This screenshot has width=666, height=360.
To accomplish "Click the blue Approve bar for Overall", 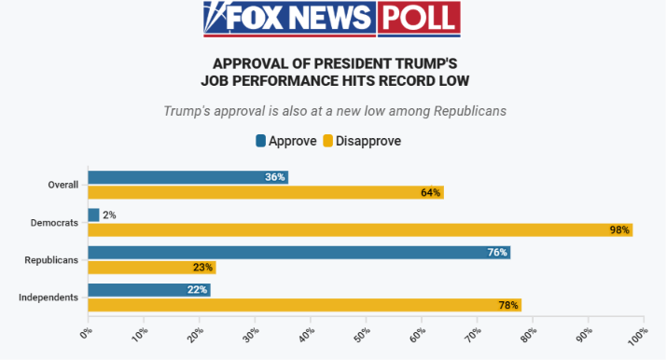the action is click(x=188, y=177).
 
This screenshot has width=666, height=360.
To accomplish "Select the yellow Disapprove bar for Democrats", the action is click(x=361, y=230).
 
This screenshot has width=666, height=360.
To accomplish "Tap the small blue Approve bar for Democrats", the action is click(x=94, y=215).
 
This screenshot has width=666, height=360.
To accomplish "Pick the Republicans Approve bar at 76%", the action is click(x=299, y=253).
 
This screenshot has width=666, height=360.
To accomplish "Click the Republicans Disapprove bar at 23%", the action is click(x=152, y=268).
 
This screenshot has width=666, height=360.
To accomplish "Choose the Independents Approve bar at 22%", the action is click(x=149, y=290).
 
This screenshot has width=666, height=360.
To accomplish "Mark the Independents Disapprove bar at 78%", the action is click(x=305, y=305).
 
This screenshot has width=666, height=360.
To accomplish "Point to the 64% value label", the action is click(x=430, y=193).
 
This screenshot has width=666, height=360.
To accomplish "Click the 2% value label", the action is click(x=109, y=215).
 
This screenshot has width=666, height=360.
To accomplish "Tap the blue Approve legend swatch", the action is click(x=261, y=141).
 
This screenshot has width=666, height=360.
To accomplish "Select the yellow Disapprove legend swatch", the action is click(x=328, y=141).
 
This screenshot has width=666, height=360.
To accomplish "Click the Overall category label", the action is click(x=62, y=185).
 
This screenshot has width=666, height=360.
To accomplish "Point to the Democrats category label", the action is click(x=54, y=223).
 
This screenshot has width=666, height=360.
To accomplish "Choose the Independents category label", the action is click(x=49, y=298).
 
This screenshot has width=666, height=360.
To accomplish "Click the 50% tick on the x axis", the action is click(x=362, y=335).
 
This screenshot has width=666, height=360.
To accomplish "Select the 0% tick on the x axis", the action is click(x=86, y=333).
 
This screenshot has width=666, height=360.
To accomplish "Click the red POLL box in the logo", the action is click(x=419, y=18).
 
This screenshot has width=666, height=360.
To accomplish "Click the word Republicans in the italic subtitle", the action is click(x=470, y=111).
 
